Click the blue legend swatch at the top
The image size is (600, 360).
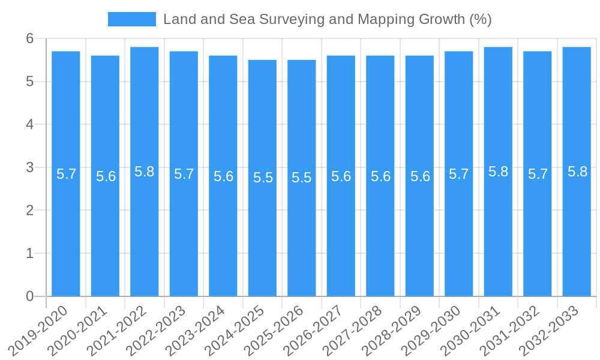[131, 19]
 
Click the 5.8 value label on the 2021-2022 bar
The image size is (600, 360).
[145, 172]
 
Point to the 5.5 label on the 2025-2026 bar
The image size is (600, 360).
[302, 178]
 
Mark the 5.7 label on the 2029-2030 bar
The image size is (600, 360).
[459, 174]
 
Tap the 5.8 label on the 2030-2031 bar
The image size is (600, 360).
[498, 172]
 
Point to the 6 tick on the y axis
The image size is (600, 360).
[30, 38]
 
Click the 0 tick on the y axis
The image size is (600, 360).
[30, 296]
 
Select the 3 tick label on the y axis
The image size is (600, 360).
[30, 167]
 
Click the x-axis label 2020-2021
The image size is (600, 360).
[77, 330]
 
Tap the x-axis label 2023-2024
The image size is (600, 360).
[195, 330]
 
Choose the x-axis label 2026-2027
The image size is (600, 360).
[313, 330]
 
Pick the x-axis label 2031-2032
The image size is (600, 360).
[509, 330]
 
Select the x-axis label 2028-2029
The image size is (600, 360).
[391, 330]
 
